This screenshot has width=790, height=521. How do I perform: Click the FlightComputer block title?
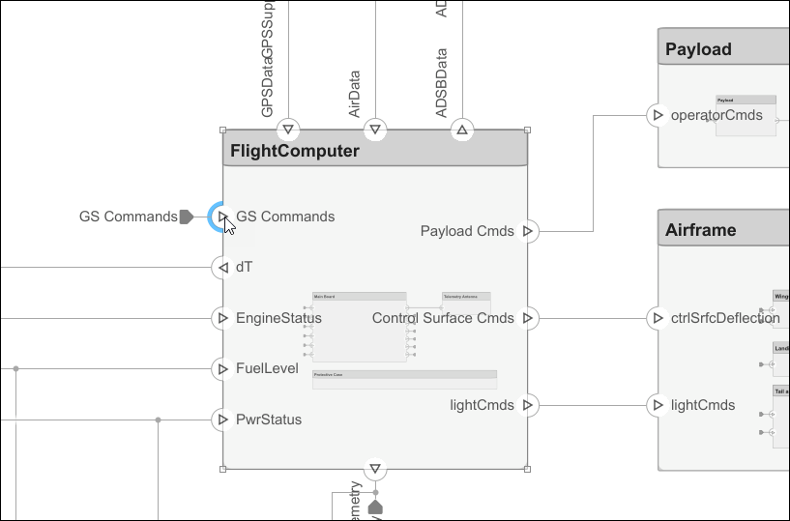tap(294, 151)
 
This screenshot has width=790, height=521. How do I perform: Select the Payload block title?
tap(698, 49)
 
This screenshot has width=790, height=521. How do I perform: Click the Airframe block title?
tap(700, 230)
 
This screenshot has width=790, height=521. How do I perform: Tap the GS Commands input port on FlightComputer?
tap(222, 217)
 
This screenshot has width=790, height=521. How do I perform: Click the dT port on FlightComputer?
tap(222, 267)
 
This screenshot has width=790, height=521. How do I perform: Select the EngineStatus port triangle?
tap(222, 318)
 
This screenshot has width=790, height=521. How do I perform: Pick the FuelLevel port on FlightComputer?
tap(222, 368)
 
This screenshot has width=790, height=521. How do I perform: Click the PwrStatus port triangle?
tap(222, 420)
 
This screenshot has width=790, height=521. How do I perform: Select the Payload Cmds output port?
tap(527, 231)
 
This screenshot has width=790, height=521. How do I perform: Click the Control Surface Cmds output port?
tap(527, 318)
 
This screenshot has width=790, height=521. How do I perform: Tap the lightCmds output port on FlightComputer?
tap(527, 405)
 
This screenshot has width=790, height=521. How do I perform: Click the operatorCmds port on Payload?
tap(658, 115)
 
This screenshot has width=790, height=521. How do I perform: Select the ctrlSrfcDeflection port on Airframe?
tap(658, 318)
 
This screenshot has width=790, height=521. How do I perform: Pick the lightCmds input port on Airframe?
tap(658, 405)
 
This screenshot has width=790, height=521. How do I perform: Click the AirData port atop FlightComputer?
tap(375, 129)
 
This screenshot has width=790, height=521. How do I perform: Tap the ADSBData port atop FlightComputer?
tap(462, 129)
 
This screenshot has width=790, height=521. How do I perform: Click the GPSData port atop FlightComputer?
tap(288, 129)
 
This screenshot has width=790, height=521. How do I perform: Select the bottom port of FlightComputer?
tap(375, 470)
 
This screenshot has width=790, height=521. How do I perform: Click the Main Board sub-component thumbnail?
tap(359, 327)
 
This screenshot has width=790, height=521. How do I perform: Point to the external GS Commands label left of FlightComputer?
tap(128, 217)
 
